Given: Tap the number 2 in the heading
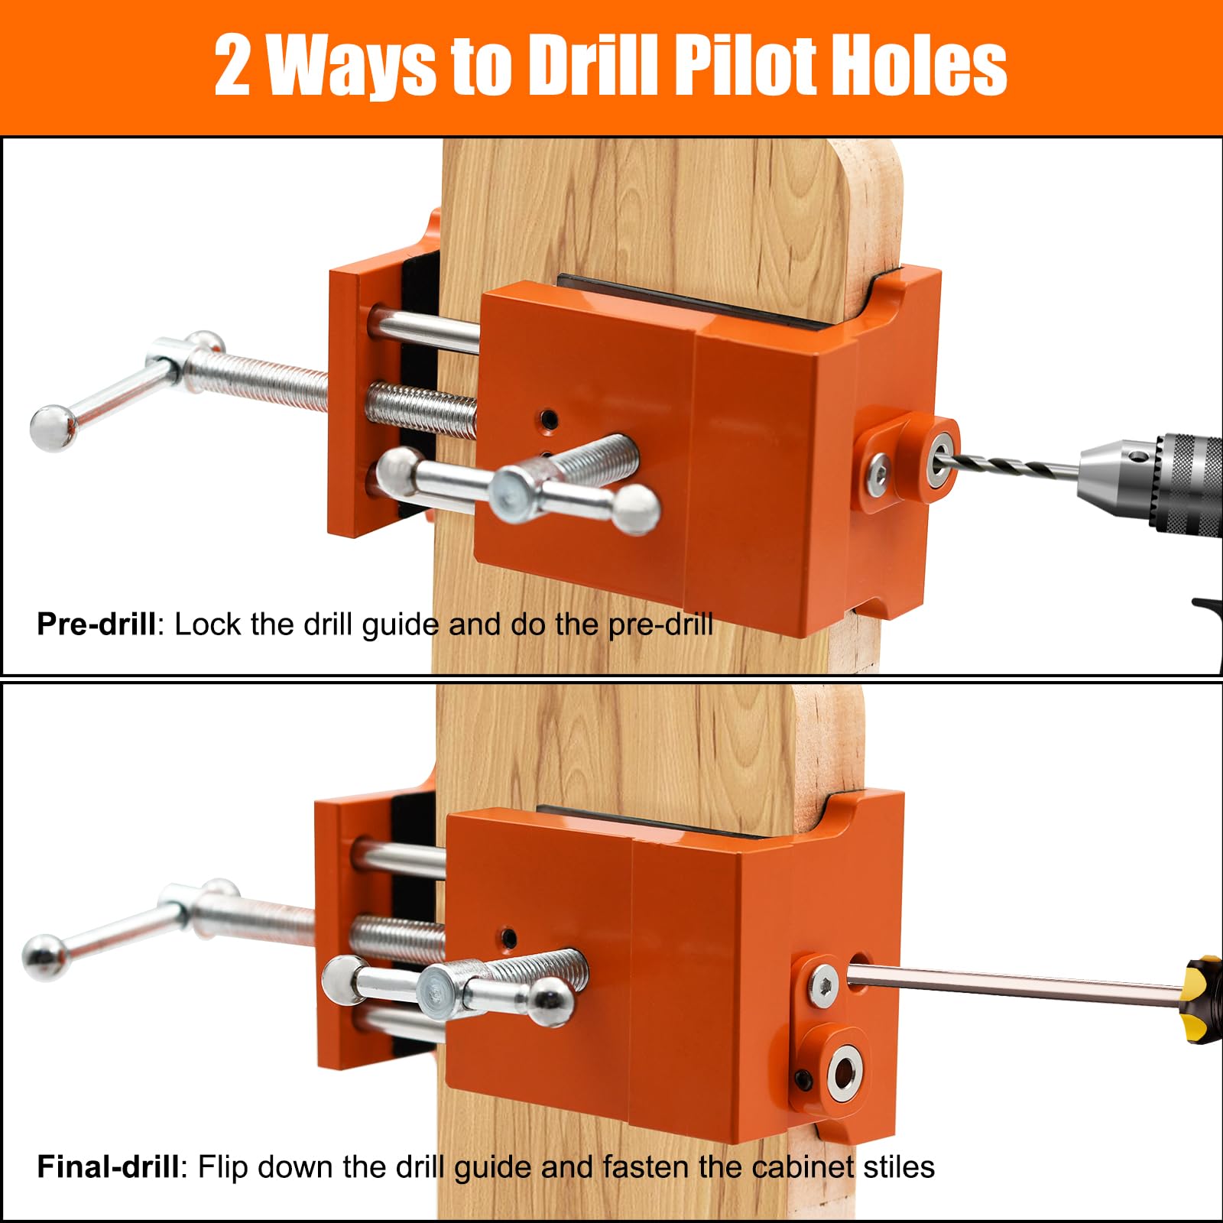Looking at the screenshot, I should coord(232,67).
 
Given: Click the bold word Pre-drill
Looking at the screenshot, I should coord(96,624).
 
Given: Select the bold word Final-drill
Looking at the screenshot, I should coord(108,1167).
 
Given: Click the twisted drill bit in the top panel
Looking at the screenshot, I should coord(1017,463).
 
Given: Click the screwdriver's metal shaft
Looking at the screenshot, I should coord(1017,981).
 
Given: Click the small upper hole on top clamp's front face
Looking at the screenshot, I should coord(548,418).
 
